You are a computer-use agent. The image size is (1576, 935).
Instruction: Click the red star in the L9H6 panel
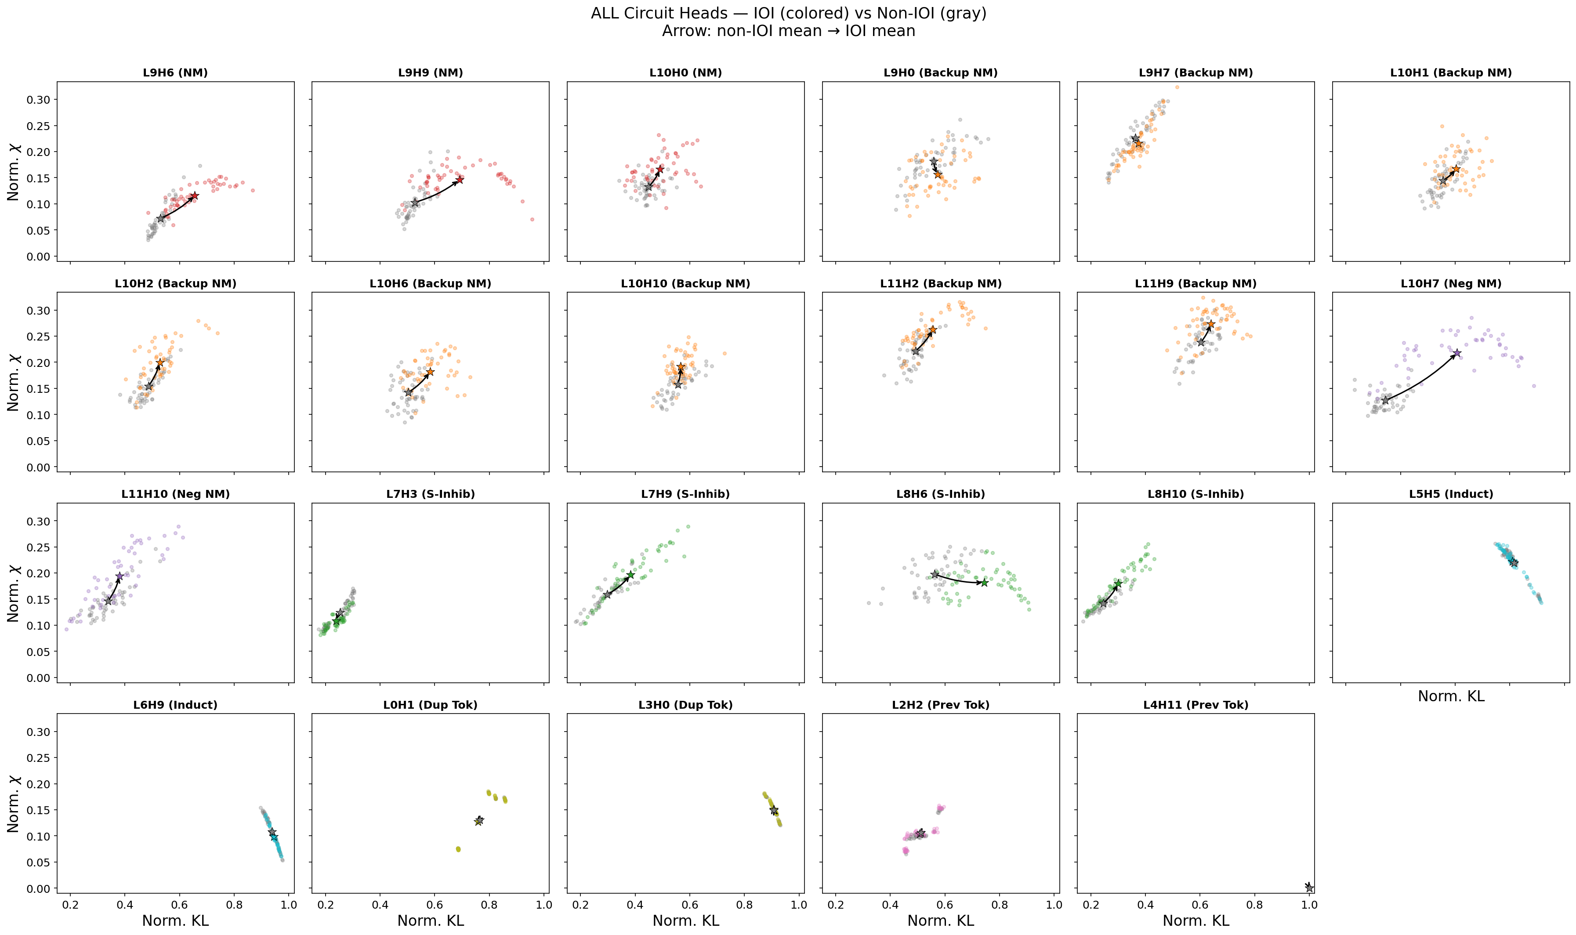pyautogui.click(x=194, y=196)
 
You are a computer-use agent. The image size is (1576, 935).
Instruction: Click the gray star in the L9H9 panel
pyautogui.click(x=414, y=203)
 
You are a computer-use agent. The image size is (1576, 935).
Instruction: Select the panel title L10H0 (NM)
pyautogui.click(x=685, y=72)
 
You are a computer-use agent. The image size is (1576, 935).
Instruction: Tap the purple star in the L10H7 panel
pyautogui.click(x=1456, y=353)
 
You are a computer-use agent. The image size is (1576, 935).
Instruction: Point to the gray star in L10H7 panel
pyautogui.click(x=1384, y=400)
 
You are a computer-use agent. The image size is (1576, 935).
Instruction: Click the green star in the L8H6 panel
pyautogui.click(x=984, y=583)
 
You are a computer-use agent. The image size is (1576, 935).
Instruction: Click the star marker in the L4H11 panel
pyautogui.click(x=1308, y=887)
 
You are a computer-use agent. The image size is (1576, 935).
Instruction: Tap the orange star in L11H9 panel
pyautogui.click(x=1210, y=324)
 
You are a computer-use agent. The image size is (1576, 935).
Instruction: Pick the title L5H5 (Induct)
pyautogui.click(x=1451, y=494)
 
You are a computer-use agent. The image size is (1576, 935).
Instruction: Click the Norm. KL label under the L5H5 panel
pyautogui.click(x=1451, y=696)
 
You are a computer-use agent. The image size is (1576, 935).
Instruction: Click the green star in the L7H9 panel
pyautogui.click(x=630, y=575)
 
